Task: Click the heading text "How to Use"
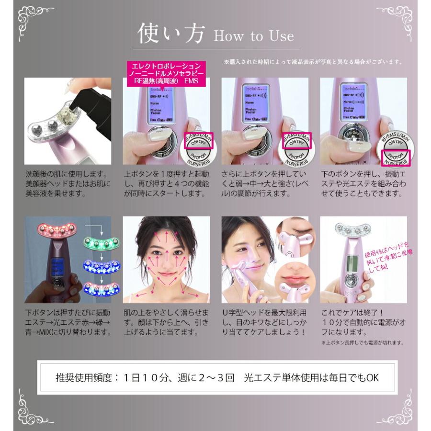coord(254,36)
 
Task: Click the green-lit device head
coord(101,243)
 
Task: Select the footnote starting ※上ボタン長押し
coord(363,343)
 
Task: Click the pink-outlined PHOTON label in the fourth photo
coord(396,156)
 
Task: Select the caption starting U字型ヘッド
coord(265,322)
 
